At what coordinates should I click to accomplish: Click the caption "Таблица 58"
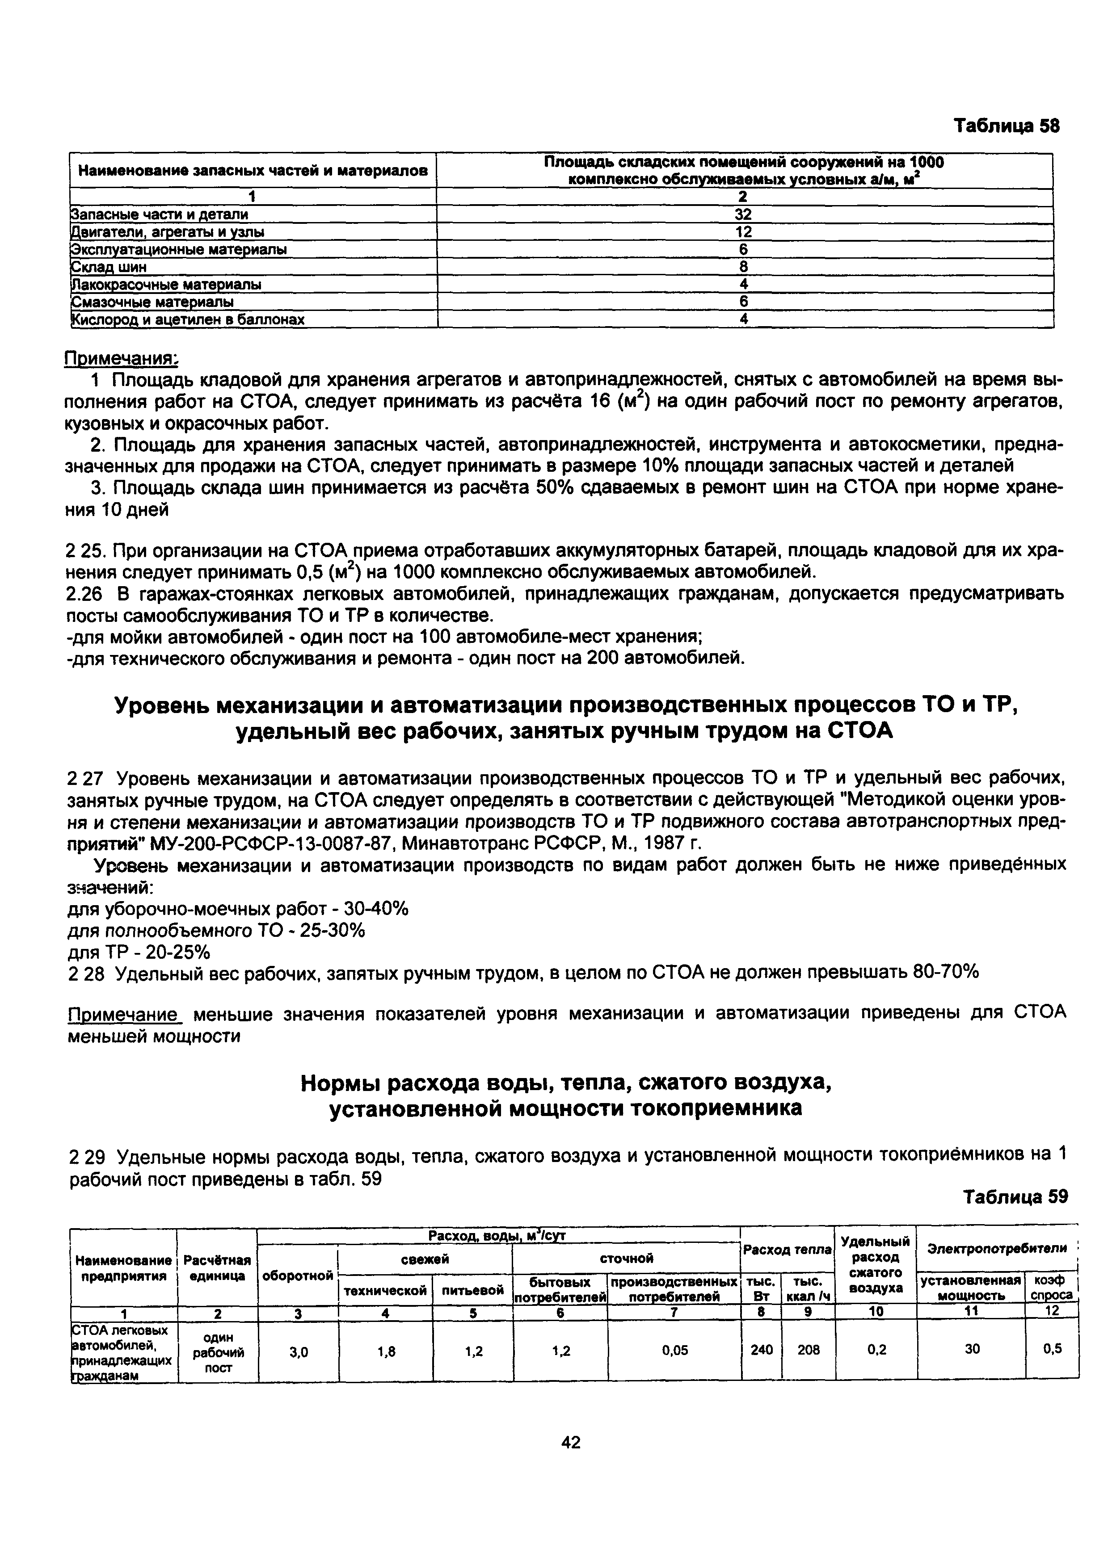(x=1006, y=126)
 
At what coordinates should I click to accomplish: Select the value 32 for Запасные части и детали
(x=744, y=214)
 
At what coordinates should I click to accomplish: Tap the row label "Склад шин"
(x=109, y=267)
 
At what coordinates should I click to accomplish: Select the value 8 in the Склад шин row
(x=744, y=267)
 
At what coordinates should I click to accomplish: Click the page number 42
(x=571, y=1442)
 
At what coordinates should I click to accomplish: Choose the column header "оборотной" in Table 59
(x=298, y=1275)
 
